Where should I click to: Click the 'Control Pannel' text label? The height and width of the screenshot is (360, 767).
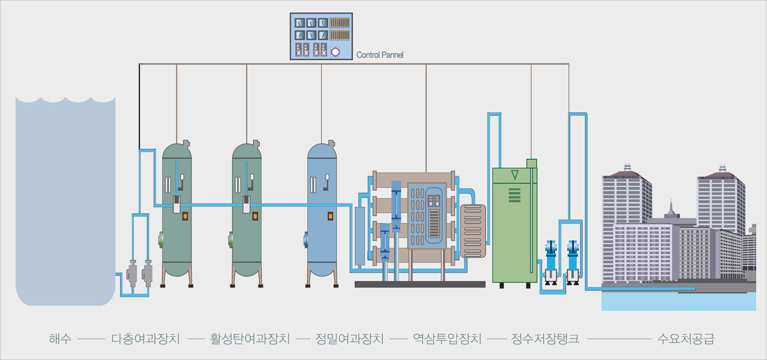pyautogui.click(x=380, y=55)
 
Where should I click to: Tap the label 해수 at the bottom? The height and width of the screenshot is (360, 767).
pyautogui.click(x=60, y=339)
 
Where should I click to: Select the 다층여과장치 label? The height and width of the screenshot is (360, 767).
pyautogui.click(x=145, y=339)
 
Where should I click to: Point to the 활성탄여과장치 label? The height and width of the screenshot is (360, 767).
pyautogui.click(x=250, y=339)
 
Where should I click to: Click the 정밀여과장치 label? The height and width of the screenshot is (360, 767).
pyautogui.click(x=349, y=339)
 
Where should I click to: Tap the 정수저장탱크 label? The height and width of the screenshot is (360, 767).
pyautogui.click(x=545, y=339)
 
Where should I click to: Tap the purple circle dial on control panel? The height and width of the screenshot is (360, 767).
pyautogui.click(x=336, y=52)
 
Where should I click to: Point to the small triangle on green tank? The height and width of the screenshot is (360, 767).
pyautogui.click(x=514, y=175)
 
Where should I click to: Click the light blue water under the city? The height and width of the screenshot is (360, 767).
pyautogui.click(x=676, y=302)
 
